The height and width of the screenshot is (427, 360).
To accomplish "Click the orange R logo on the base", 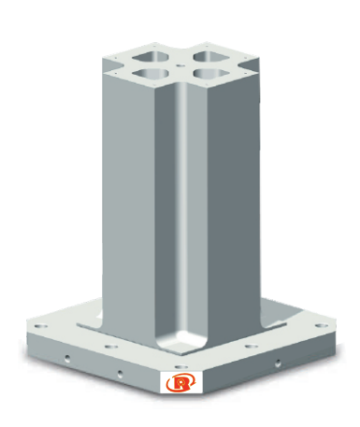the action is click(x=180, y=383).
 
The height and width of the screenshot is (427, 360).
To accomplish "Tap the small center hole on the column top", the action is click(x=180, y=65).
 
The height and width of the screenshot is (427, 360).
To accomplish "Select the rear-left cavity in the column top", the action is click(x=151, y=57).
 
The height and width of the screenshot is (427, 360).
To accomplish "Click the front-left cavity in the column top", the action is click(x=151, y=73).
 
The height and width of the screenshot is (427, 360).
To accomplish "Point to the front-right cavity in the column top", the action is click(x=211, y=73).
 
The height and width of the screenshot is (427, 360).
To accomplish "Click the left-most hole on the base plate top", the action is click(x=41, y=326).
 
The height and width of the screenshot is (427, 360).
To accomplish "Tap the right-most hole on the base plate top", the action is click(x=322, y=326).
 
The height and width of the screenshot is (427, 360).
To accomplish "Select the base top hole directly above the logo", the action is click(x=181, y=367).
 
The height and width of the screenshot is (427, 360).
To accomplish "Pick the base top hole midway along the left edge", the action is click(x=111, y=347).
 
